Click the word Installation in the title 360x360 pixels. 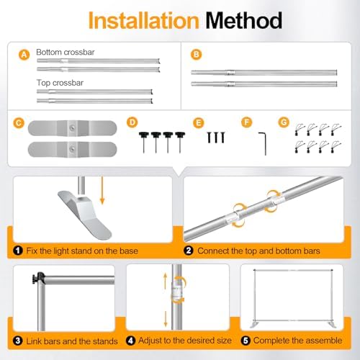143,21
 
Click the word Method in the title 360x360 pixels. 243,21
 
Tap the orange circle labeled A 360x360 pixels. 24,55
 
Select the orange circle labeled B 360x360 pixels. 196,55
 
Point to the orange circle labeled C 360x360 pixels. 19,123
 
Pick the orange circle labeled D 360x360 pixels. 132,122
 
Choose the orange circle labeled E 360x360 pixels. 199,123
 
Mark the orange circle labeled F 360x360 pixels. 246,122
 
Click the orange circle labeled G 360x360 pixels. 284,122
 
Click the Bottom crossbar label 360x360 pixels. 66,52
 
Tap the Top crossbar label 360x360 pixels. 60,83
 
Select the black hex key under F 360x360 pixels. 265,143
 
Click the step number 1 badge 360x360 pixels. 18,251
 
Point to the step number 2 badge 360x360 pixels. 189,251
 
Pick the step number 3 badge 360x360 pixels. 18,341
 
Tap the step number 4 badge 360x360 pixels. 130,341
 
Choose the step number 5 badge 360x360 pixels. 246,341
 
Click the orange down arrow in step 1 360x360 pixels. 102,191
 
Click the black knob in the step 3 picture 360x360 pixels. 38,279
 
